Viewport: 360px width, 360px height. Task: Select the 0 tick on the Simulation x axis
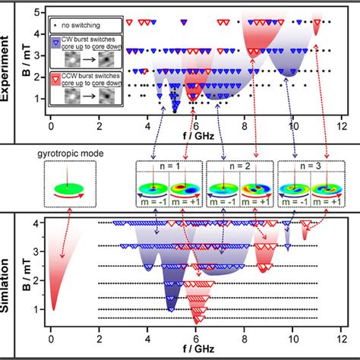coord(50,340)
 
